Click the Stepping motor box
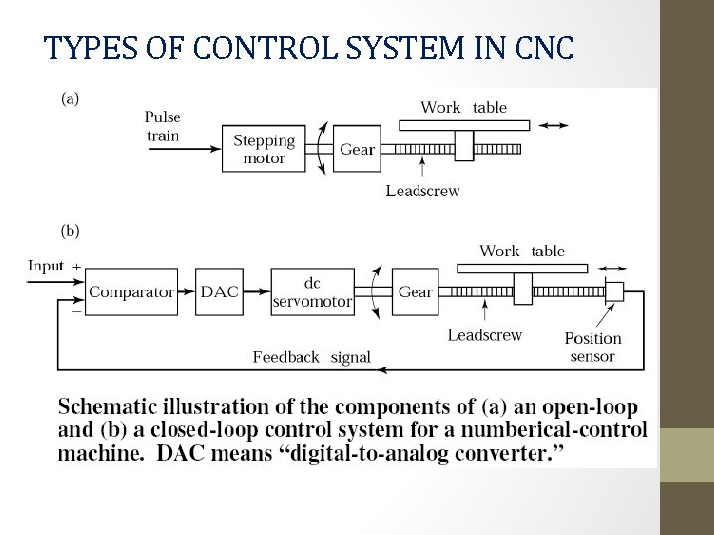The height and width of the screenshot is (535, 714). [264, 149]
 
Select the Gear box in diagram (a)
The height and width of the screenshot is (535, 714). [357, 149]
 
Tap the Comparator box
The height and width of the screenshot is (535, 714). [131, 291]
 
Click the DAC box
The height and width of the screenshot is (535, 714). [220, 291]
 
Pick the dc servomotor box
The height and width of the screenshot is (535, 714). [311, 291]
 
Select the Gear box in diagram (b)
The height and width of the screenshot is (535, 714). [416, 291]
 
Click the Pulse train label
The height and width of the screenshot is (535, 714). [163, 126]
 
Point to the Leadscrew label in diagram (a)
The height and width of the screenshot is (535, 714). [422, 191]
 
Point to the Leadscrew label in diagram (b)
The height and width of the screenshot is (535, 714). [484, 335]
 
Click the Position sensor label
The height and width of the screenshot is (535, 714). [593, 347]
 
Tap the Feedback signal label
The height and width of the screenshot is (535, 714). [311, 357]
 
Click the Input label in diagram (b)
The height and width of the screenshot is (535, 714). [46, 266]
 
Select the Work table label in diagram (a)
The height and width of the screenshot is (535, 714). [464, 107]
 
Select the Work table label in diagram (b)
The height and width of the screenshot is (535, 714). [522, 251]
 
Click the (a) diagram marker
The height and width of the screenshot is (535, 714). [71, 98]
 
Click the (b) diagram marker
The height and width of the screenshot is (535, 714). [71, 231]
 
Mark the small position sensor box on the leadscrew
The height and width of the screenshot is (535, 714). [614, 291]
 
